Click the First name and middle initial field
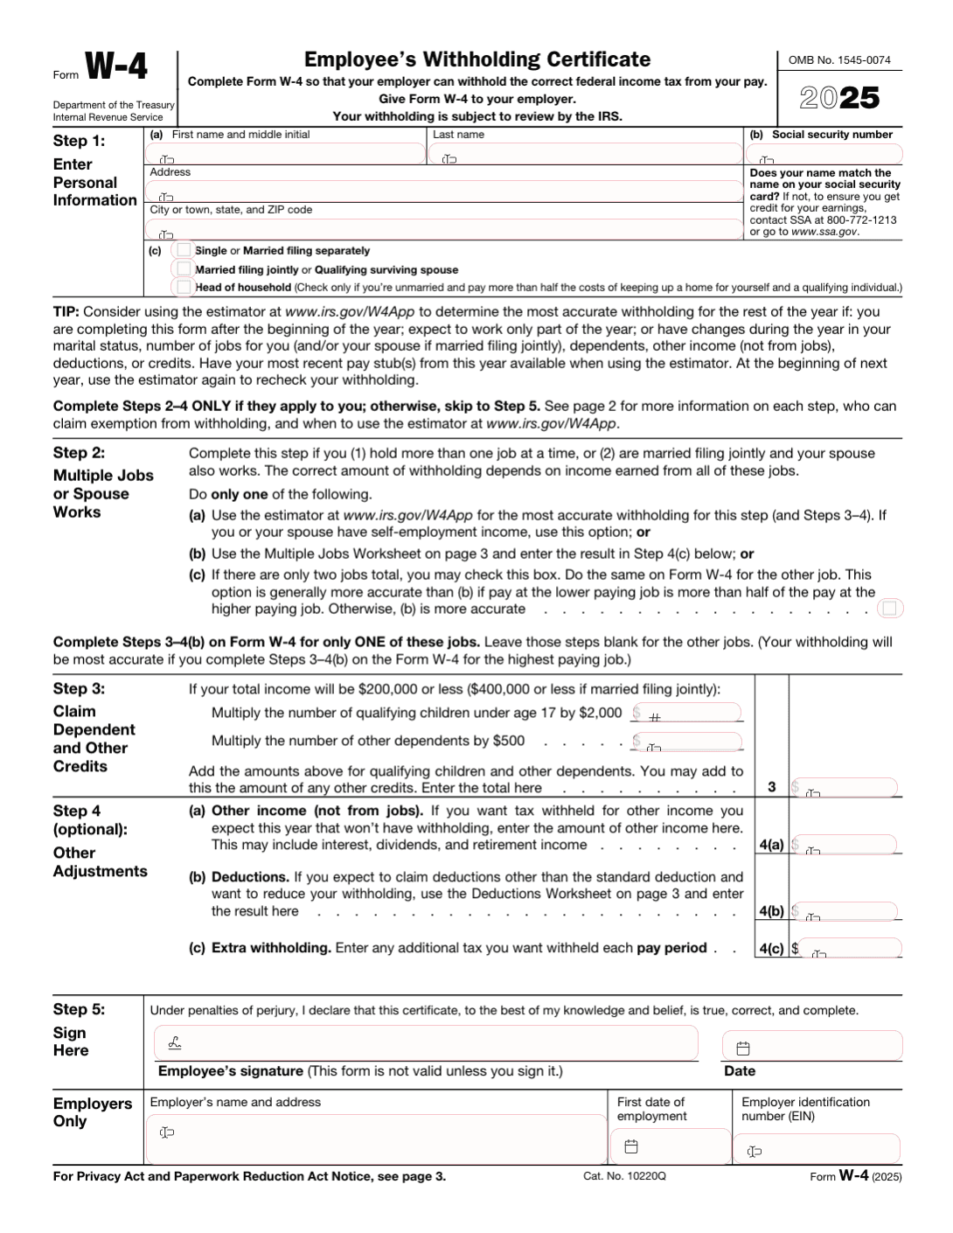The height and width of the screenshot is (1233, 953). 285,155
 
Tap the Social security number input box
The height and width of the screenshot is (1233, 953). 824,155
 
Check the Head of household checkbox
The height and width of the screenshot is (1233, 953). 184,287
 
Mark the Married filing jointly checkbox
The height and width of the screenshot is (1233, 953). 184,268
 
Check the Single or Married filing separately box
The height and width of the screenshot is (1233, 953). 184,250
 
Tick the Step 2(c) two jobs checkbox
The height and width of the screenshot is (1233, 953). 891,608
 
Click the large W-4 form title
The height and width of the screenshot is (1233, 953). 115,67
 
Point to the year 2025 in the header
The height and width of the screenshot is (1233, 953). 839,98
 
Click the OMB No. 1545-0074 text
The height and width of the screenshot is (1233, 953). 839,60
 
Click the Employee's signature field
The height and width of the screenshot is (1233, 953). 427,1043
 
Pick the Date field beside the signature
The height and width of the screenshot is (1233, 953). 812,1046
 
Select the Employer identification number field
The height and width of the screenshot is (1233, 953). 817,1148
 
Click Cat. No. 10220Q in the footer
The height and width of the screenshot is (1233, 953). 624,1176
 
